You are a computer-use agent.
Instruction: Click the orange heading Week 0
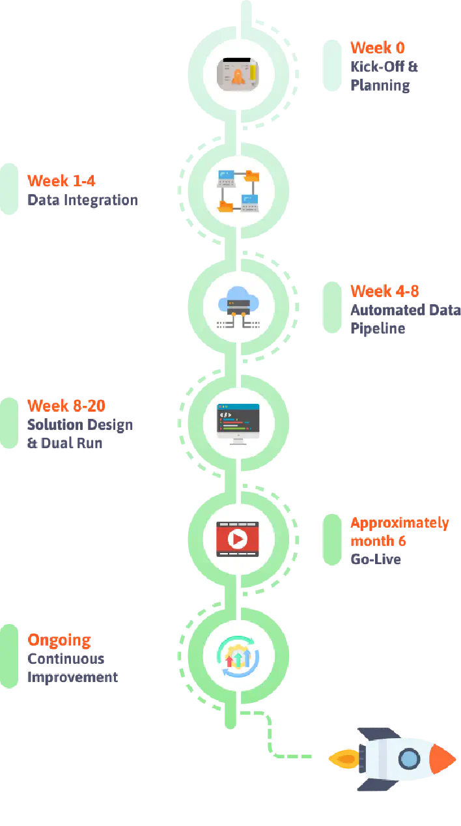(378, 48)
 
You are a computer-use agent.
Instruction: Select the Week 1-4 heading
(62, 180)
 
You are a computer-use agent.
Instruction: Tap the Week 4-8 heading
(384, 291)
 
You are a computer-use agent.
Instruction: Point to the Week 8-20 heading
(66, 405)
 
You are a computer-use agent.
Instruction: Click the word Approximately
(399, 522)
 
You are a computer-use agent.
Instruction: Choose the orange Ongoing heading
(59, 640)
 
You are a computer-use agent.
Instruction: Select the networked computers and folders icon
(238, 191)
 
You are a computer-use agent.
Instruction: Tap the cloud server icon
(238, 307)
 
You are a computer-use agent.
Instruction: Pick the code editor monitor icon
(238, 423)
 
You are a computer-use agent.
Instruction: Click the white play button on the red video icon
(238, 539)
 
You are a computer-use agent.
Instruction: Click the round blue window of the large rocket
(409, 758)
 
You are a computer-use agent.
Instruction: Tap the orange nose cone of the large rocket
(443, 758)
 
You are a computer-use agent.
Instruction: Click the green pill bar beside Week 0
(331, 65)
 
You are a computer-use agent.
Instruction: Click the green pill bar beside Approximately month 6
(331, 539)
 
